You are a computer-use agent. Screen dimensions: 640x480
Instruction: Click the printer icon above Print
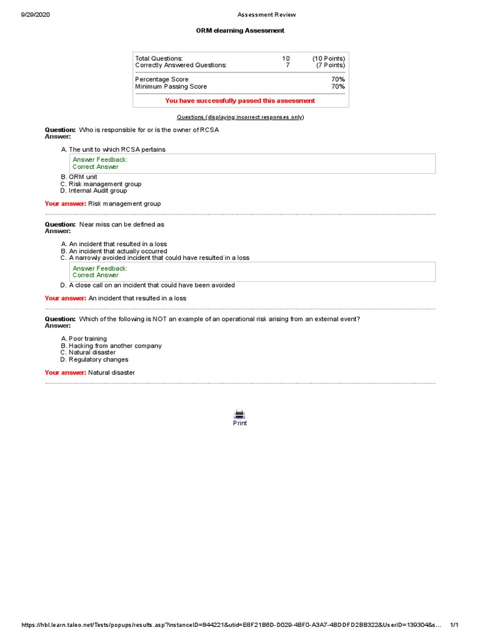239,413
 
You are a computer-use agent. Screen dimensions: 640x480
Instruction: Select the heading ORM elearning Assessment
240,31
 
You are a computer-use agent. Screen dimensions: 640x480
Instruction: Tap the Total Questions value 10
286,58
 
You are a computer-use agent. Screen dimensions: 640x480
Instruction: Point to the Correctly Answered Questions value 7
287,65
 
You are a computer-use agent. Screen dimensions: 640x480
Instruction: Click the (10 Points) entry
329,58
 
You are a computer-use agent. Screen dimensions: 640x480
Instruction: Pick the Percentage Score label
161,79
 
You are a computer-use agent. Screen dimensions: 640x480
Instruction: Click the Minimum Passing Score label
171,86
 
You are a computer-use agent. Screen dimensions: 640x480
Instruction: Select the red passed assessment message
240,101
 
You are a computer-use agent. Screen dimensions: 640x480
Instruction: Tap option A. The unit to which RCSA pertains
113,149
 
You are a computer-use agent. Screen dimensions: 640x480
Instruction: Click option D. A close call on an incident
147,285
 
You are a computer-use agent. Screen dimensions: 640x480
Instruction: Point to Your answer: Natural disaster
89,372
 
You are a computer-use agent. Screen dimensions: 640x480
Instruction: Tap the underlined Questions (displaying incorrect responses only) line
240,117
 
